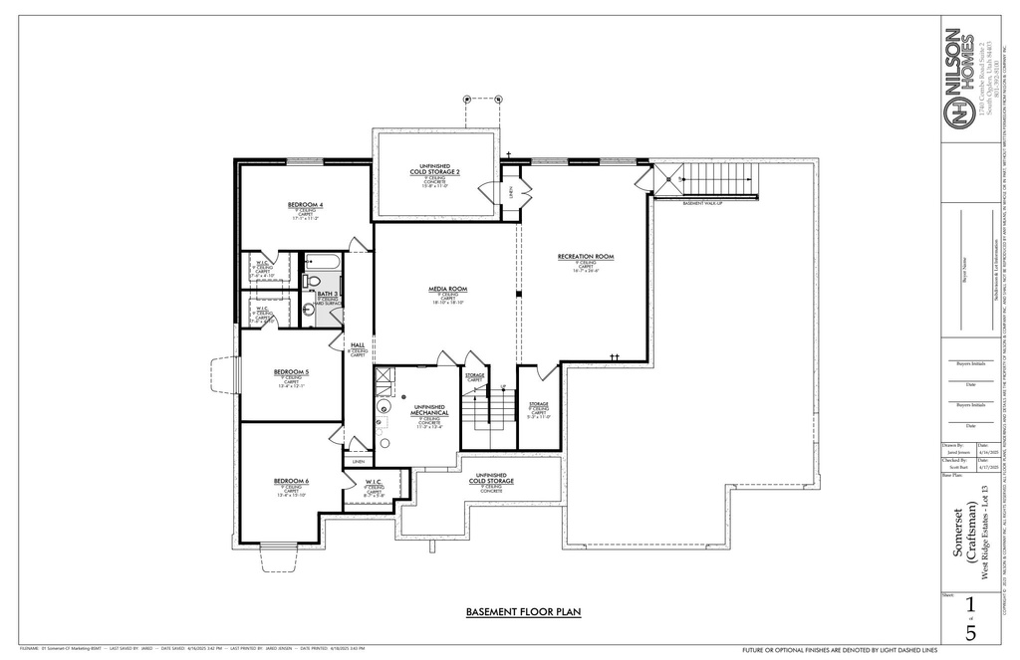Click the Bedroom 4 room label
pos(306,205)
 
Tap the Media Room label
pos(448,289)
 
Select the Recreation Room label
pos(586,257)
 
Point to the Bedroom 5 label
pos(292,372)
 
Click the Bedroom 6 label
pos(292,481)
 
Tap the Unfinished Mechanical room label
pos(424,408)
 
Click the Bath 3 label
pos(328,295)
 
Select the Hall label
pos(358,344)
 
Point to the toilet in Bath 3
pos(309,310)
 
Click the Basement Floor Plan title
pos(523,612)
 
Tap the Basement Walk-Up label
pos(703,203)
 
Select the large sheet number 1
pos(970,604)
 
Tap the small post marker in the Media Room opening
pos(518,295)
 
